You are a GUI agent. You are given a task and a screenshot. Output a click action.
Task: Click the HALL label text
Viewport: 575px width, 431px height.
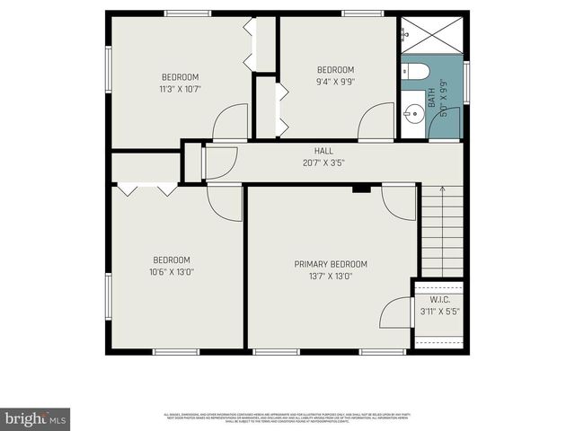click(323, 151)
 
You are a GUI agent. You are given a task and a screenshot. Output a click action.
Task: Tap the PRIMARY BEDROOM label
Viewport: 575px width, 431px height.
click(331, 264)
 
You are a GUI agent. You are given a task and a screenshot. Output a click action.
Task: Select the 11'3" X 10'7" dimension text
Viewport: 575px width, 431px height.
click(180, 89)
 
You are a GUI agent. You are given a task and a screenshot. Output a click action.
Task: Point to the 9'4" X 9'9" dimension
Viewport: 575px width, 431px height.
click(335, 82)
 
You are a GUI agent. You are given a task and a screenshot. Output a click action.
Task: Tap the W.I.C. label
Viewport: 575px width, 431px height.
click(440, 300)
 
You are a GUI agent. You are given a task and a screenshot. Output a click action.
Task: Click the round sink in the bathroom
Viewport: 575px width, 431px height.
click(412, 113)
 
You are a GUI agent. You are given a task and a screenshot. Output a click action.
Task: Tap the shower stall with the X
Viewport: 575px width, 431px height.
click(431, 35)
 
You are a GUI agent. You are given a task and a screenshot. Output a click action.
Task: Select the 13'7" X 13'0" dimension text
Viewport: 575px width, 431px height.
click(331, 277)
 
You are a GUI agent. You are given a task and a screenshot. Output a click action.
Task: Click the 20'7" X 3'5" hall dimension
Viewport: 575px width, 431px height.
click(323, 163)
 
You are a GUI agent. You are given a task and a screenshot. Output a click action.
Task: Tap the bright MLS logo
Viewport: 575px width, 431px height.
click(36, 418)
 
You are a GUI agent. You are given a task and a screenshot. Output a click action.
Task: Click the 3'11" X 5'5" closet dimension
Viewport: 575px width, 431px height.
click(440, 312)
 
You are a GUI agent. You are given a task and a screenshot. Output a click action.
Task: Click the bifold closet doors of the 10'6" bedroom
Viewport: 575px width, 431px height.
click(146, 189)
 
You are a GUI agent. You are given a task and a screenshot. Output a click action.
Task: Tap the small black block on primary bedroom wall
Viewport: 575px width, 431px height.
click(361, 188)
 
